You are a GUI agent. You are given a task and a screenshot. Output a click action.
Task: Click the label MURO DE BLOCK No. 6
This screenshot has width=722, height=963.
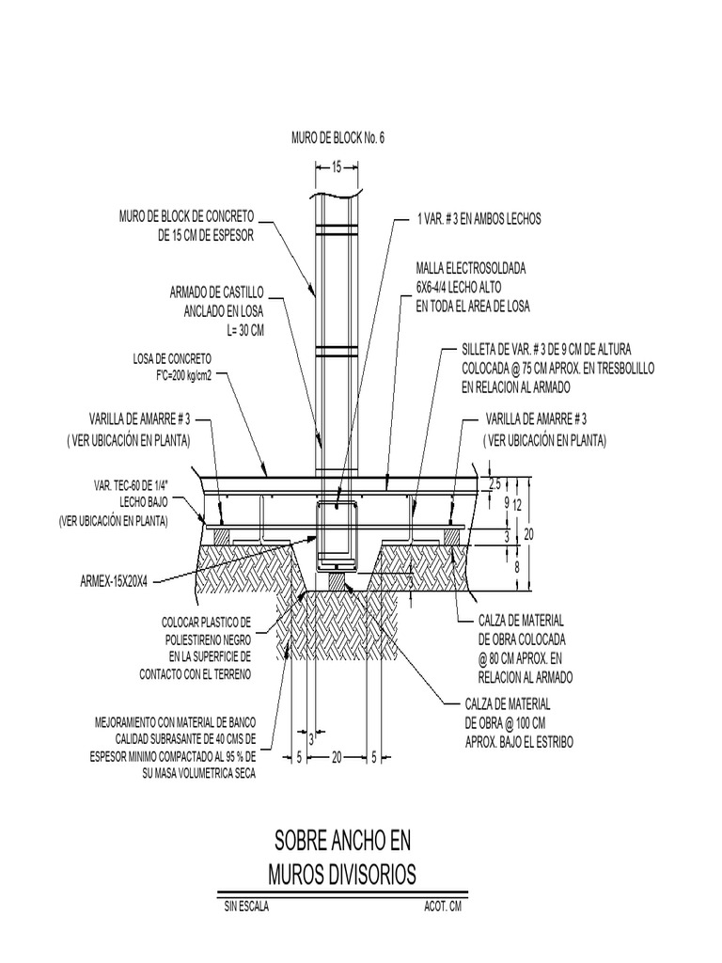tap(337, 138)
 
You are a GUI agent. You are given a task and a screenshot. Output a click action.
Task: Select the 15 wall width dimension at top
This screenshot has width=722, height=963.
tap(337, 167)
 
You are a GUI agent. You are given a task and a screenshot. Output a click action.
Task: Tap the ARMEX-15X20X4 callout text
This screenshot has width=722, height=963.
tap(114, 582)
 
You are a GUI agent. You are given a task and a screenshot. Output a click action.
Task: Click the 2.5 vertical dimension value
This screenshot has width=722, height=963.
tap(495, 484)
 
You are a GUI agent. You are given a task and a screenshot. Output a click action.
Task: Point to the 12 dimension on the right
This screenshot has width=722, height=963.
tap(518, 505)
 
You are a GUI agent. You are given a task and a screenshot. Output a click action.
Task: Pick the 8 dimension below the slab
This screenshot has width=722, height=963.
tap(517, 567)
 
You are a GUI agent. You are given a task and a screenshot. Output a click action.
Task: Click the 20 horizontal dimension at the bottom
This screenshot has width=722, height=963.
tap(337, 758)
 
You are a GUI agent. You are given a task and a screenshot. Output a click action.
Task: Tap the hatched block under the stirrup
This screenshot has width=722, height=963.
tap(337, 579)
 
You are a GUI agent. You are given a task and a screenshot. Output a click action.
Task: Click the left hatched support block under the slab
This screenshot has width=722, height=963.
tap(221, 536)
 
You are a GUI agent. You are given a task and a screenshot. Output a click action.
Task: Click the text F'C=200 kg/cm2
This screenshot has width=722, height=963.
tap(174, 376)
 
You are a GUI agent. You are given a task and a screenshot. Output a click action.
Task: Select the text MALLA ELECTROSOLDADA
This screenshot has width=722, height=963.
tap(471, 268)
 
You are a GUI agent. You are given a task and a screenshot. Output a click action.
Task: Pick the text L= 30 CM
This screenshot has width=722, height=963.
tap(245, 330)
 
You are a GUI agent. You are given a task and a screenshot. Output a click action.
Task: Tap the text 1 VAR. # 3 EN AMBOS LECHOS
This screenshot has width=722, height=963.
tap(479, 219)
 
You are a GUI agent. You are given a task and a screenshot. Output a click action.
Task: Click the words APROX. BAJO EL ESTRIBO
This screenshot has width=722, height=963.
tap(519, 743)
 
